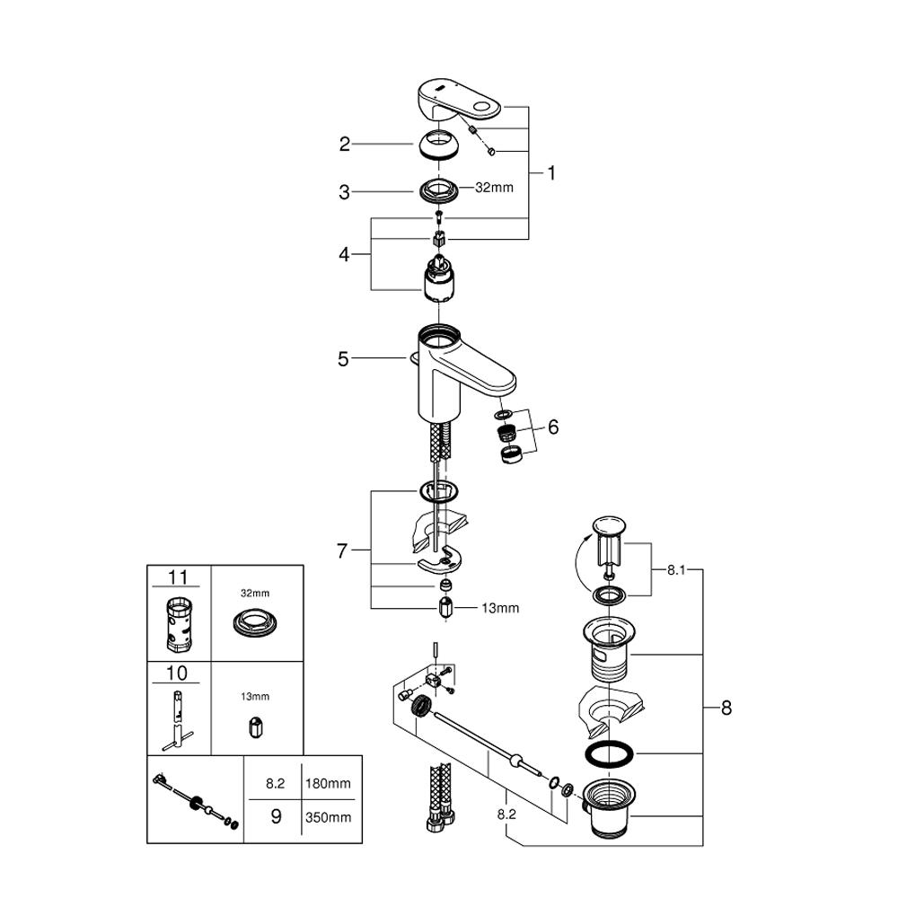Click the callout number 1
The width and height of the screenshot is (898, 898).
coord(551,173)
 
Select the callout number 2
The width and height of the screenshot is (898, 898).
coord(344,144)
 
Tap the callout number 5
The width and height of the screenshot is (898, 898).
coord(344,359)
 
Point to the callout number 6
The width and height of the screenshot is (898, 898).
coord(552,427)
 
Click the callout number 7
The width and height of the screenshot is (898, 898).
coord(341,550)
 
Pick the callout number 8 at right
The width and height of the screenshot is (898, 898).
coord(726,708)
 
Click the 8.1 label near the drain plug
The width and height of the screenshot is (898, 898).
coord(677,569)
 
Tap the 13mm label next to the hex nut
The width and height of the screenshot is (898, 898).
coord(500,608)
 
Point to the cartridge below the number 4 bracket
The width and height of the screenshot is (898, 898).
coord(439,277)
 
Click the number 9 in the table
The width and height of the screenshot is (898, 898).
coord(276,817)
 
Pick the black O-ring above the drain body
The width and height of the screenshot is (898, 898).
coord(611,753)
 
